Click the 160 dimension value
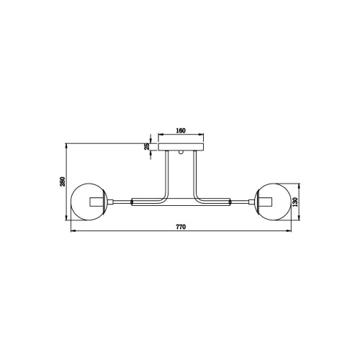click(181, 130)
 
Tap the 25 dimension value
click(147, 146)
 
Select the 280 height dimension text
click(63, 181)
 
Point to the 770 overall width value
click(181, 227)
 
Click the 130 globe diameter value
click(295, 202)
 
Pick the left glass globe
click(89, 202)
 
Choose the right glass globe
click(273, 202)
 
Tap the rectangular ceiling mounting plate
click(181, 147)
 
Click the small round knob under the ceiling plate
click(181, 152)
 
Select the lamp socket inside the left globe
click(96, 202)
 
